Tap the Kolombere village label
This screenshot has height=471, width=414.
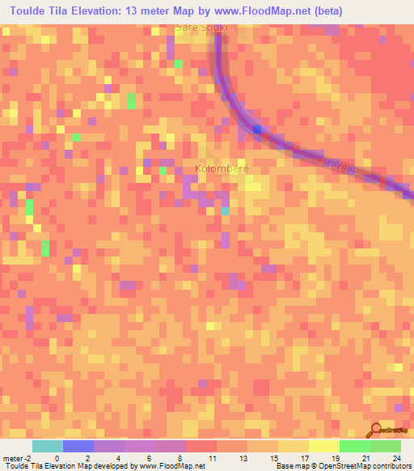[x=222, y=168]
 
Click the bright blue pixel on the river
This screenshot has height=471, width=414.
[x=257, y=129]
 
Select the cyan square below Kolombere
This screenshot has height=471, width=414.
[x=225, y=210]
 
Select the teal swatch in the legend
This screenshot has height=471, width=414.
[x=48, y=446]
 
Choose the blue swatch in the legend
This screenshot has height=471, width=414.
[x=78, y=446]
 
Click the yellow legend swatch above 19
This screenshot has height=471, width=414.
[x=324, y=446]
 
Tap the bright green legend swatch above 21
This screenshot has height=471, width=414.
[x=355, y=446]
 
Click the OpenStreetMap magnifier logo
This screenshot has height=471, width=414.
[x=375, y=431]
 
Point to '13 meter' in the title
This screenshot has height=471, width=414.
[x=157, y=11]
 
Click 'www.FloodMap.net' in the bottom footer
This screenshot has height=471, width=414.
[x=171, y=466]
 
